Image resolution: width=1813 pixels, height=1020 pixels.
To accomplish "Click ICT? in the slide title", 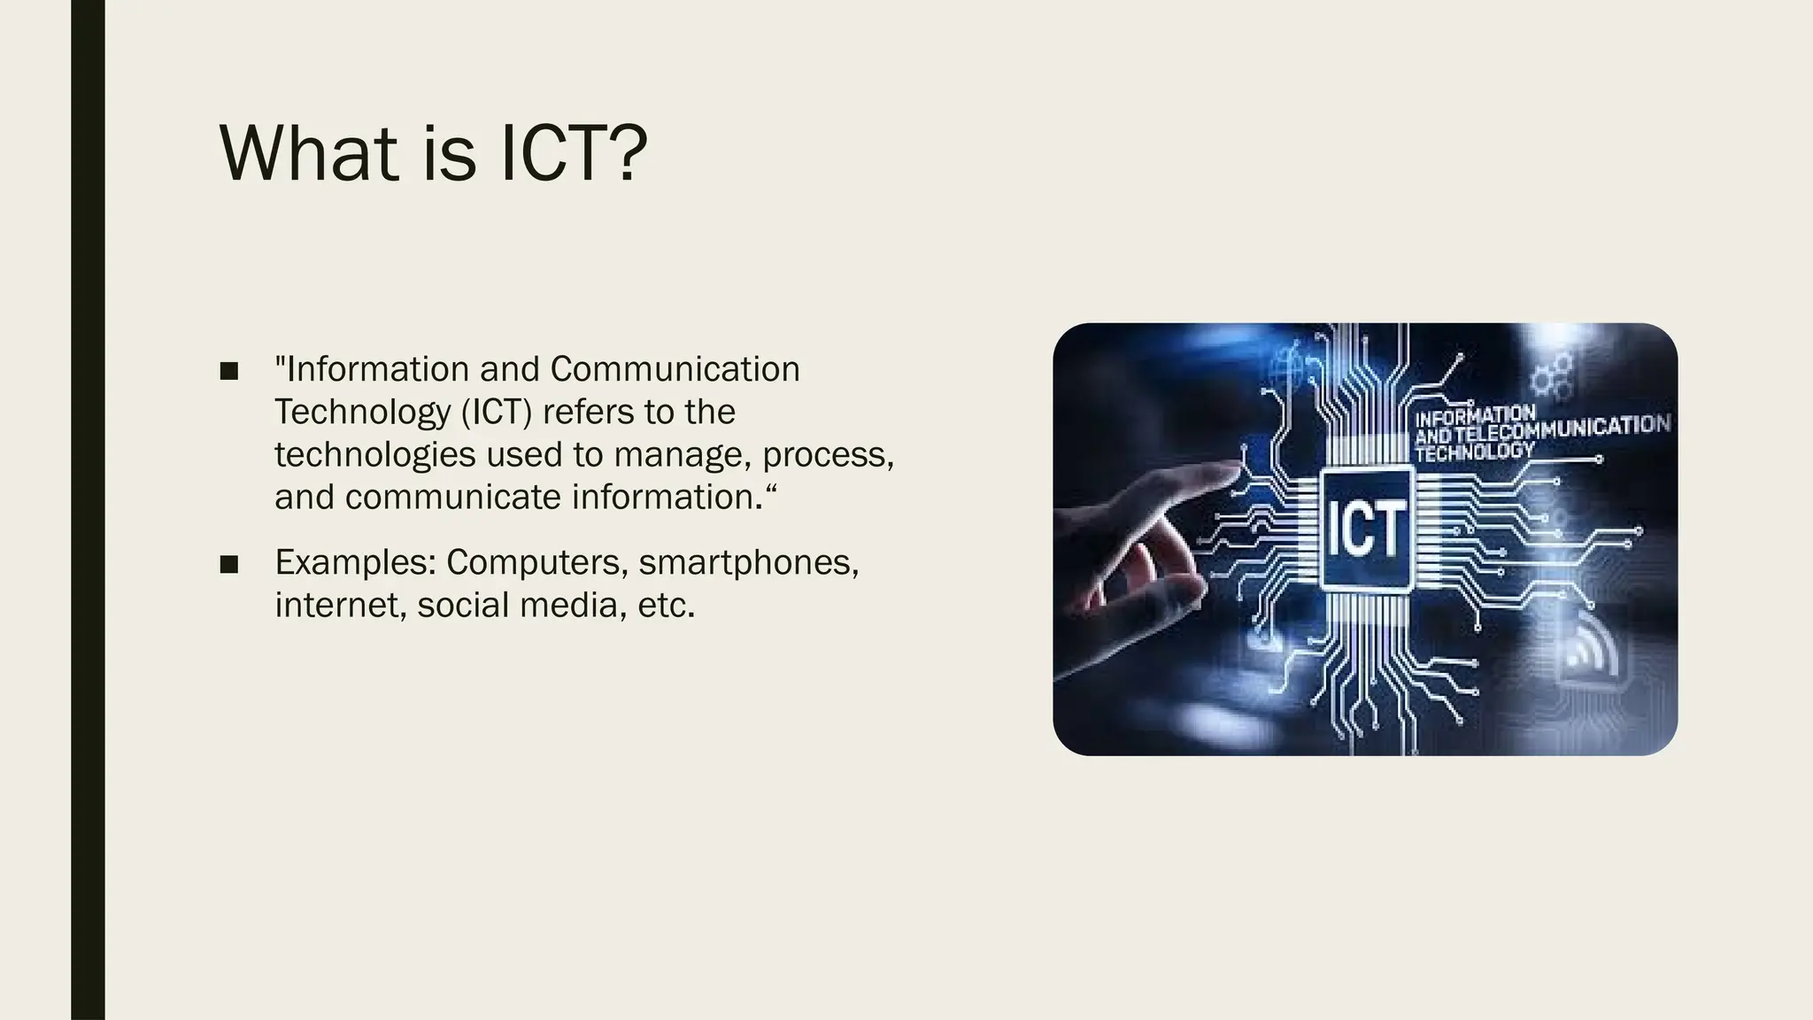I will click(x=574, y=153).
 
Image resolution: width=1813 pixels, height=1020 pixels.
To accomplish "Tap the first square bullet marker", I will click(x=229, y=371).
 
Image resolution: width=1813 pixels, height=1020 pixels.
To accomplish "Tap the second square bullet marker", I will click(x=229, y=564).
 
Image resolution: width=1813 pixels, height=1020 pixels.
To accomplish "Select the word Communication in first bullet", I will click(x=675, y=369).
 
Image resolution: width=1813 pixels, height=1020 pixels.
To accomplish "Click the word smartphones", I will click(x=748, y=563).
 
